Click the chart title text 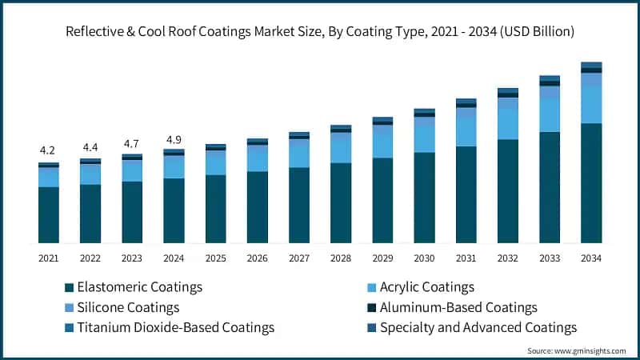[x=320, y=30]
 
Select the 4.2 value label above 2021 [x=48, y=150]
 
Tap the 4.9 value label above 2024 [x=174, y=140]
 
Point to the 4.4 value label [x=90, y=147]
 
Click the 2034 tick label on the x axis [x=591, y=258]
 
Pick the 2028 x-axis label [x=341, y=258]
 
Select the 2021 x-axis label [x=48, y=258]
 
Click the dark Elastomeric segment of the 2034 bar [x=591, y=184]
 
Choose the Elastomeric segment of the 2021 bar [x=48, y=214]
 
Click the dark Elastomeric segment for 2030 [x=424, y=198]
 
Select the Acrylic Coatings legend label [x=427, y=286]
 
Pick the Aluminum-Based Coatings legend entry [x=458, y=307]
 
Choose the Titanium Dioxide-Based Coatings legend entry [x=174, y=327]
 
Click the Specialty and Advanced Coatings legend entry [x=478, y=327]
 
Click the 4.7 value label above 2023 [x=132, y=144]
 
